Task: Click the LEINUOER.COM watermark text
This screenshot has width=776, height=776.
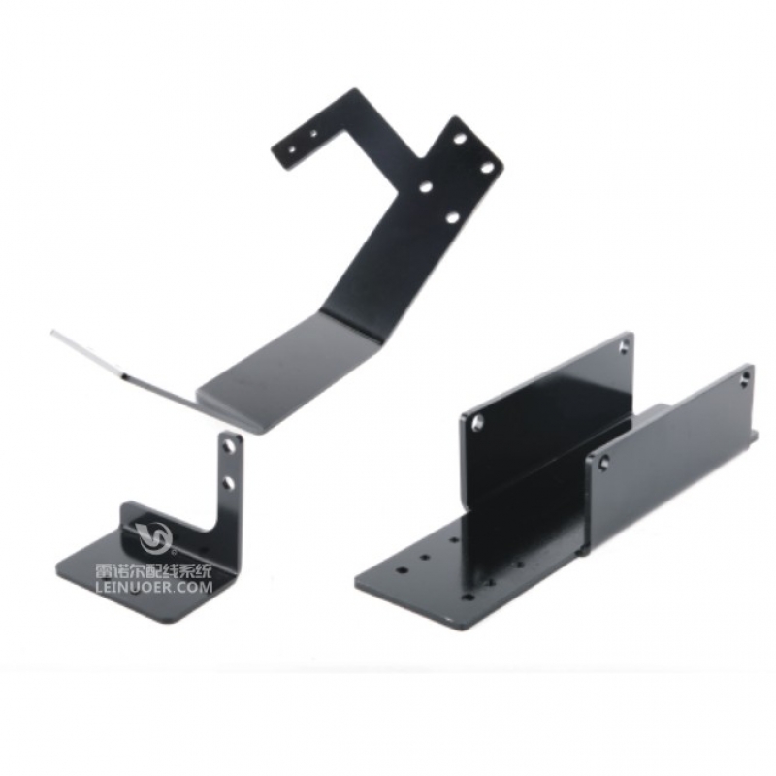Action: [x=154, y=588]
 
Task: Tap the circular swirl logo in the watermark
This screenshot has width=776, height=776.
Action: [x=155, y=538]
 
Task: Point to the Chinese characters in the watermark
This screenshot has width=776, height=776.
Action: [x=154, y=572]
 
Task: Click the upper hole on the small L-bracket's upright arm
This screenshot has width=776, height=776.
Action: [x=229, y=446]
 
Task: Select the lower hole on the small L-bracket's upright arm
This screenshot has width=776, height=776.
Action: [x=228, y=482]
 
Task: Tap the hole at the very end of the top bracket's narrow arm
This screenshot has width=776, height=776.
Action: [x=292, y=148]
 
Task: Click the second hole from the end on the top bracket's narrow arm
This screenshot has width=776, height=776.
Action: [x=312, y=133]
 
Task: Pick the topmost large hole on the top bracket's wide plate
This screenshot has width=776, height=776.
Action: [x=460, y=138]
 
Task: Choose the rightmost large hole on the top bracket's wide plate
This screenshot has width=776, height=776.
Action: [x=488, y=168]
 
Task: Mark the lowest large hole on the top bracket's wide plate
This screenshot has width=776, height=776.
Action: [x=452, y=216]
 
